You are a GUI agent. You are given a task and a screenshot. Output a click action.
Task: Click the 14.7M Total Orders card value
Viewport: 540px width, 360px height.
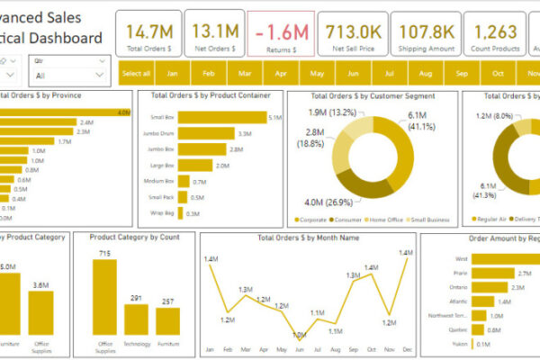click(149, 31)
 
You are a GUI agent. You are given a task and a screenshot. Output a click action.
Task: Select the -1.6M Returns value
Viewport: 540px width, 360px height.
click(281, 31)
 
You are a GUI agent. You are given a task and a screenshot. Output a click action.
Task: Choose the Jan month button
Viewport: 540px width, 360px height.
click(172, 74)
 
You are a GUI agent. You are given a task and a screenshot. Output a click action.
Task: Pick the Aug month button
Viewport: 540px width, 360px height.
click(425, 74)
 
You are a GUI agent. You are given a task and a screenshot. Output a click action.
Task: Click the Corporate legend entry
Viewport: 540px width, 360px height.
click(312, 219)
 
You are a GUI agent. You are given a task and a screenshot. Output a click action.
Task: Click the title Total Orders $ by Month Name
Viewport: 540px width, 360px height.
click(307, 238)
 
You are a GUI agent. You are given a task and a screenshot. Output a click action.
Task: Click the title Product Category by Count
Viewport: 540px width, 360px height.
click(134, 238)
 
